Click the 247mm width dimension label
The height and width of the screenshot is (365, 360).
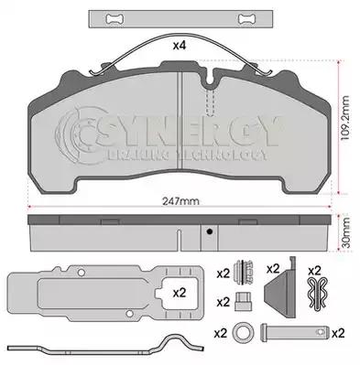point(180,201)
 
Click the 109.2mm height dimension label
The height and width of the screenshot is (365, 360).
point(345,118)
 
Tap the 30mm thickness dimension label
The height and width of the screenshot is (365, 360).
point(345,232)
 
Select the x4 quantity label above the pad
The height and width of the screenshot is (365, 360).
point(180,46)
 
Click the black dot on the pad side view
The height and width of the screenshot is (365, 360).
point(209,231)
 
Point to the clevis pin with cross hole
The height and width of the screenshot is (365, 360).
point(294,332)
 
